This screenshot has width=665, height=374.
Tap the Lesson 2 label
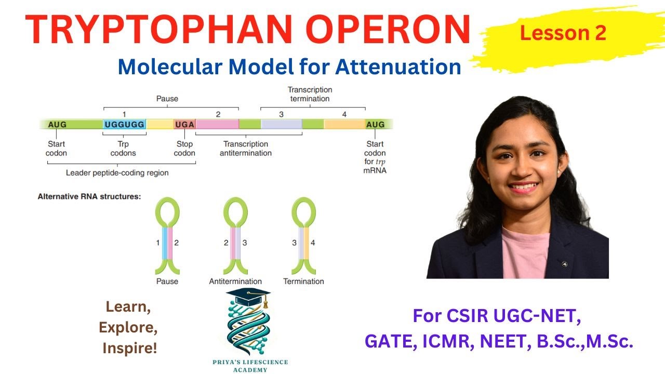(563, 33)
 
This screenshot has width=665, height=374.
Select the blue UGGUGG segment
(125, 125)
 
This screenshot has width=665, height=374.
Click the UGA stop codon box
(184, 125)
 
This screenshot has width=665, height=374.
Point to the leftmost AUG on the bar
(57, 125)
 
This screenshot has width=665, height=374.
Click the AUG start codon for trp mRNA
(375, 125)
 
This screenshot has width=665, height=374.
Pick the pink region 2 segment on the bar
(217, 125)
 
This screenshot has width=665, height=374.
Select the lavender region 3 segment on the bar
(281, 125)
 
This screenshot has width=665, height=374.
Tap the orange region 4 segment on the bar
(344, 125)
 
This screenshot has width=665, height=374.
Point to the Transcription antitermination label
(246, 149)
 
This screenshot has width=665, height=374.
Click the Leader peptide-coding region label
(117, 172)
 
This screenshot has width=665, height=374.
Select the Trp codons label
(123, 149)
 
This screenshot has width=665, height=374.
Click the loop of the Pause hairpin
(167, 210)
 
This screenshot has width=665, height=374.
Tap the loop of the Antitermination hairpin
(235, 210)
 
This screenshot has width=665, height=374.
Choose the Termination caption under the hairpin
(303, 281)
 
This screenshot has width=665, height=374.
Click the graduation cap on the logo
(249, 297)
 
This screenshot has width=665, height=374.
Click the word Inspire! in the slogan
(129, 348)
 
